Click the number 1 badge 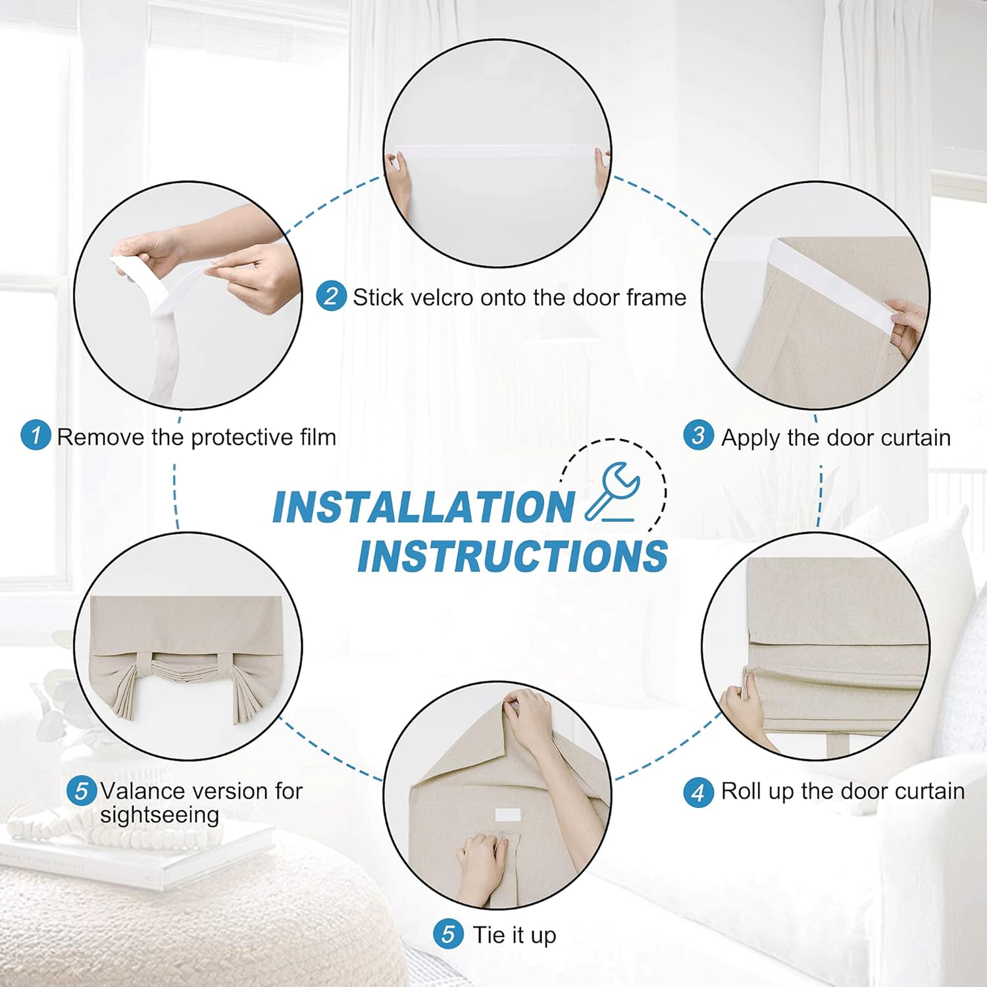coord(36,436)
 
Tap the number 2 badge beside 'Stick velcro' coord(331,296)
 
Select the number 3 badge coord(698,436)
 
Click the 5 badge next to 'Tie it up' coord(449,934)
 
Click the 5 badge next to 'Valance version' coord(82,790)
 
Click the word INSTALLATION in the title coord(424,507)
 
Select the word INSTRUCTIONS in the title coord(513,556)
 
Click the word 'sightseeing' coord(159,815)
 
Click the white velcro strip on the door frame coord(497,151)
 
